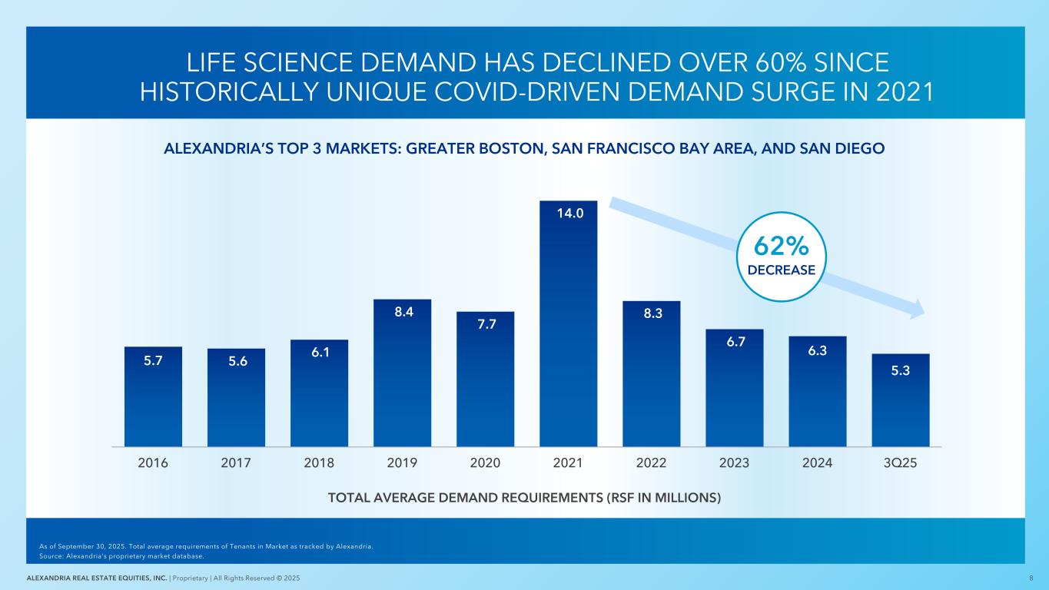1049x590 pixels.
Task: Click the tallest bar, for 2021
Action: pos(568,323)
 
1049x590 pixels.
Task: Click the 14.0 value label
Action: pos(568,213)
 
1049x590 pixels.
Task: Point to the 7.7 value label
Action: pos(485,323)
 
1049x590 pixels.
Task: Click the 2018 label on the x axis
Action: pos(319,463)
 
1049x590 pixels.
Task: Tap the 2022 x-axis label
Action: pos(651,463)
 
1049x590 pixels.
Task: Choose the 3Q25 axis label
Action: pos(900,463)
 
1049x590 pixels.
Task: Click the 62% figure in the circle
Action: pos(781,246)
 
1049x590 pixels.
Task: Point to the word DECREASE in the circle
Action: pos(781,270)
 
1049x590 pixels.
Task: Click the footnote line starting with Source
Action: pos(121,556)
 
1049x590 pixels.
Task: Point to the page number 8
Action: pos(1030,578)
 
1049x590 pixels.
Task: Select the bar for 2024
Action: pos(817,391)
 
